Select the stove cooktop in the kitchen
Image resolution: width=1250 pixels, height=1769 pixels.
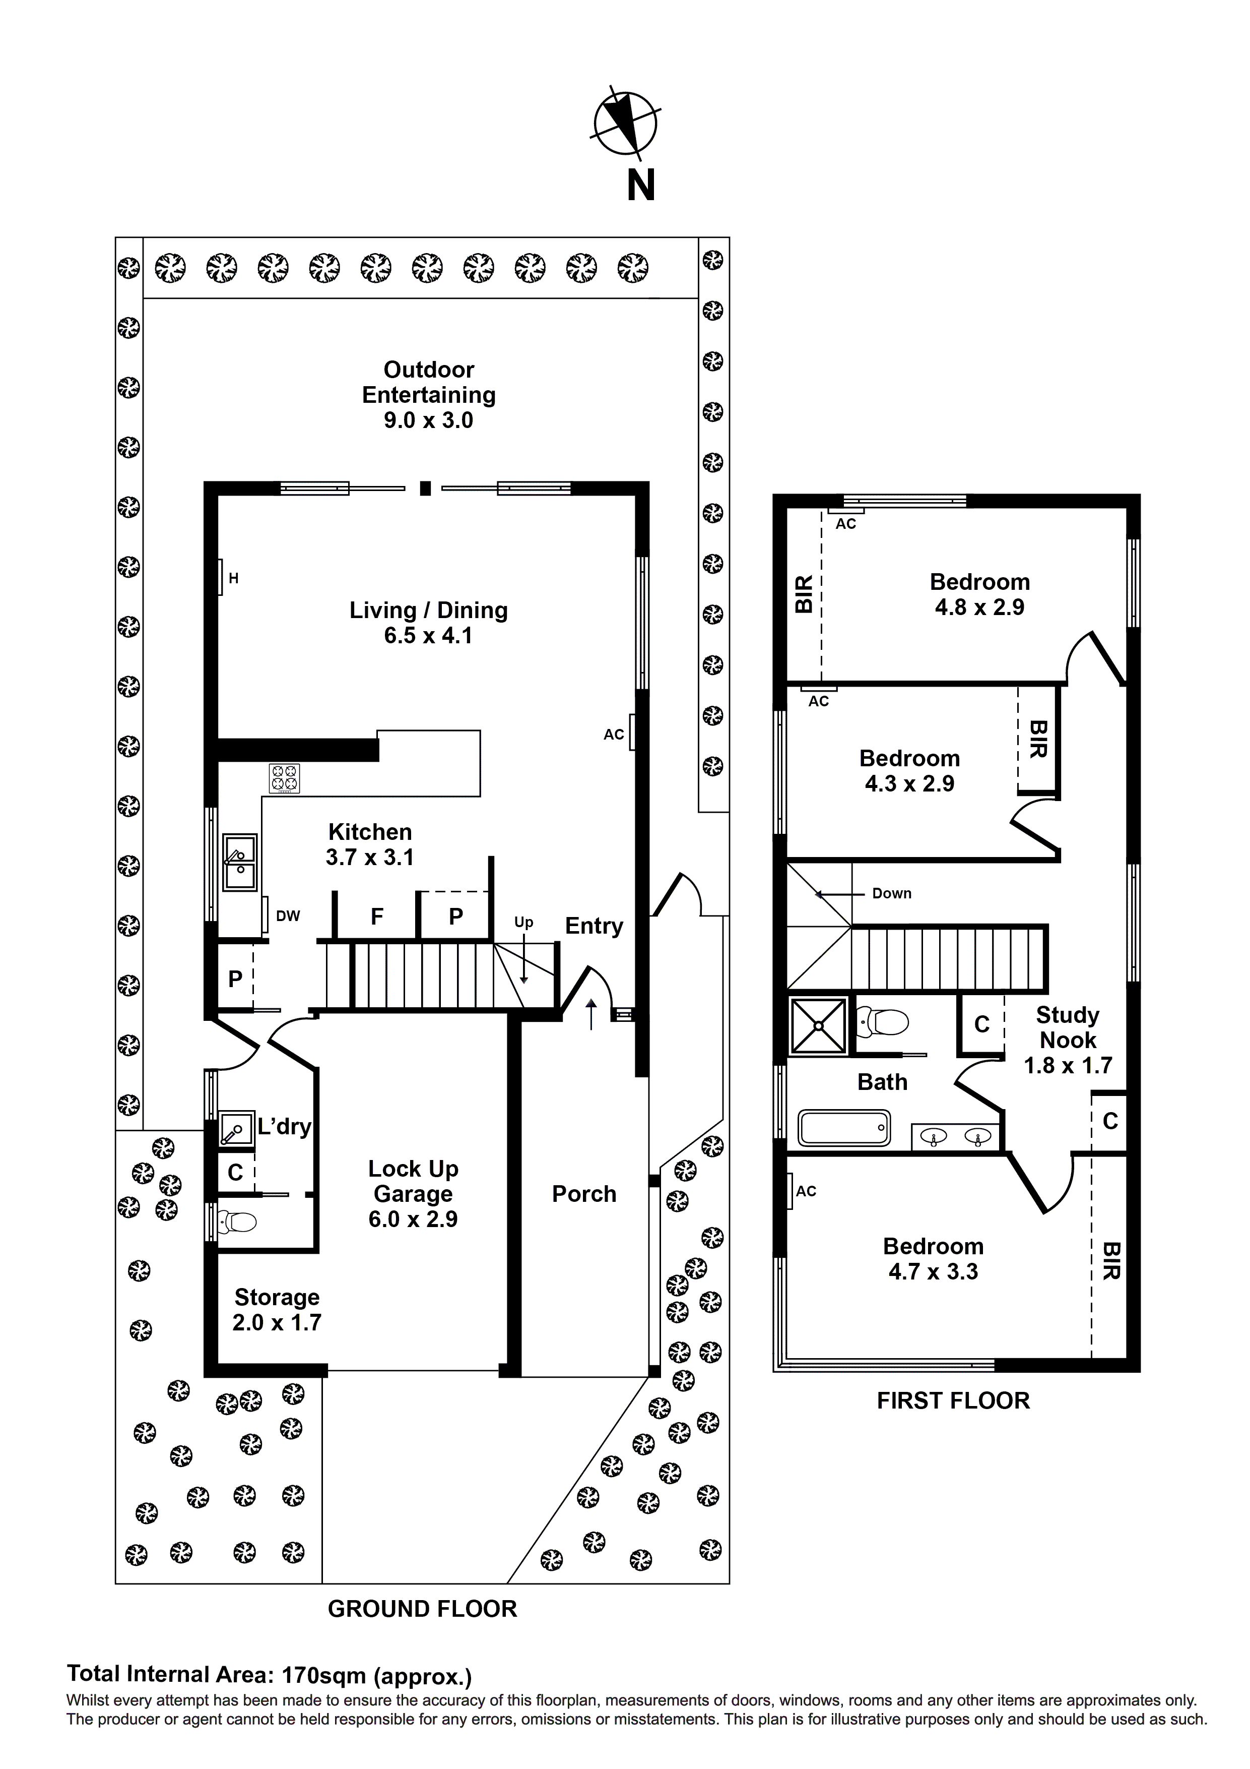pyautogui.click(x=284, y=778)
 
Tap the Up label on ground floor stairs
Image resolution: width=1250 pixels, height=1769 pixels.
pyautogui.click(x=523, y=922)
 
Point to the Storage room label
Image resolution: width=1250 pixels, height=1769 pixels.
pyautogui.click(x=277, y=1298)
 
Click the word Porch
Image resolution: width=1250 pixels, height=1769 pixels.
pyautogui.click(x=584, y=1194)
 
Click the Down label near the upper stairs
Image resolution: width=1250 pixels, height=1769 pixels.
pyautogui.click(x=891, y=894)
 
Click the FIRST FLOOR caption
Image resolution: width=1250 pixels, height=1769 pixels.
pyautogui.click(x=953, y=1400)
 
